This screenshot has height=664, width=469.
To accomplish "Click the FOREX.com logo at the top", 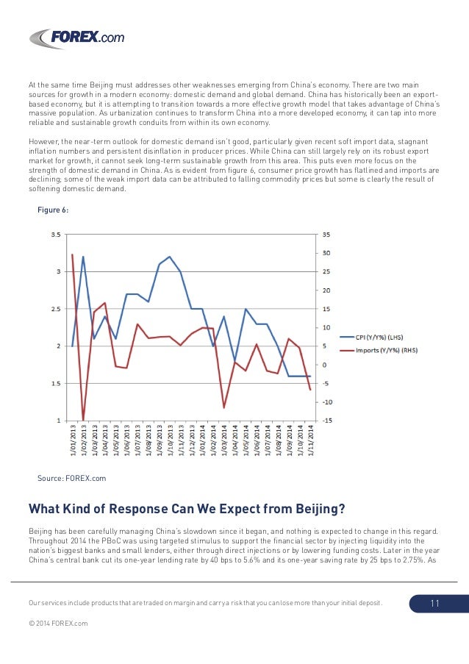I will point(77,38).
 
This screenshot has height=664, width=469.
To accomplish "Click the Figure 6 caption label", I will point(53,210).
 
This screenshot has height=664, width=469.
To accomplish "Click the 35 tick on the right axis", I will point(326,235).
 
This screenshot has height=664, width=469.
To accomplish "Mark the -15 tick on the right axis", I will point(326,421).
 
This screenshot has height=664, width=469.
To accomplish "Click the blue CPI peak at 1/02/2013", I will point(83,257).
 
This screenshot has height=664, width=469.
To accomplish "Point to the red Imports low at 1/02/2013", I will point(83,419).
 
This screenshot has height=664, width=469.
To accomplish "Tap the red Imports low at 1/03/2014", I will point(224,407).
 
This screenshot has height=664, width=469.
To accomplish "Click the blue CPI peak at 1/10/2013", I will point(170,257).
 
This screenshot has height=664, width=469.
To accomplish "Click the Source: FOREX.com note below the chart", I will point(71,478).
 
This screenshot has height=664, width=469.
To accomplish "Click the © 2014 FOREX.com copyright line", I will point(58,624).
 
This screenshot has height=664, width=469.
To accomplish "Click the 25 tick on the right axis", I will point(326,272).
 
